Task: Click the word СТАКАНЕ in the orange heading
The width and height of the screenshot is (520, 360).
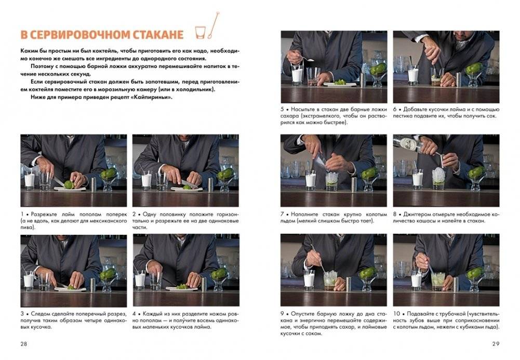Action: pos(156,35)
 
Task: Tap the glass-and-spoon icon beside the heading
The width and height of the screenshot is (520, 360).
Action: pos(206,29)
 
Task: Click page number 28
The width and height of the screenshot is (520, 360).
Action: pos(24,344)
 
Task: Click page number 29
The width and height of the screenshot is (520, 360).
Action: pos(496,344)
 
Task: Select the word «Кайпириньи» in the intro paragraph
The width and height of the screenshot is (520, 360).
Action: pos(153,97)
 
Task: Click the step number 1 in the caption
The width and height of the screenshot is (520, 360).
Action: pos(22,214)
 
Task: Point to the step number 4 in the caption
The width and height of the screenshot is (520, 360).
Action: pos(135,313)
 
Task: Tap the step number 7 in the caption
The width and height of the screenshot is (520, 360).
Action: pos(283,214)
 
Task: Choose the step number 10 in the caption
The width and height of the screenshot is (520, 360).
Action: pos(396,313)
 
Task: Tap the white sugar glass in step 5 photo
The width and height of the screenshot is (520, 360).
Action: pos(297,74)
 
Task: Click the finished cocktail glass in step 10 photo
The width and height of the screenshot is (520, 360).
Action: pos(438,281)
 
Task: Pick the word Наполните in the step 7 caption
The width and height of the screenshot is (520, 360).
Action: pos(304,214)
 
